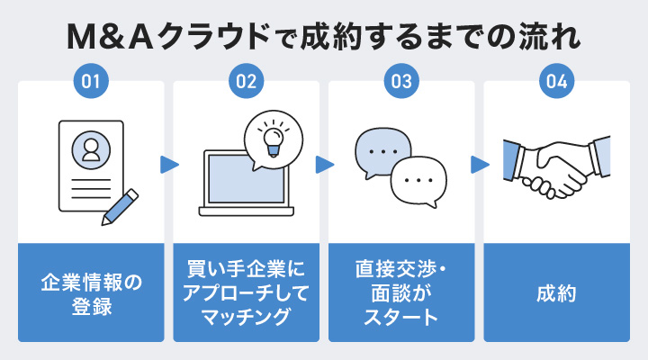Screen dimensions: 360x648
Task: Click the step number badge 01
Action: click(x=90, y=82)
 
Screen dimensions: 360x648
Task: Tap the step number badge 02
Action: click(x=246, y=82)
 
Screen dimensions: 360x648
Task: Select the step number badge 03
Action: click(x=401, y=82)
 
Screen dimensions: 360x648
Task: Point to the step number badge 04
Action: click(x=557, y=82)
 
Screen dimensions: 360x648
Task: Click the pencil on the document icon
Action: click(x=120, y=205)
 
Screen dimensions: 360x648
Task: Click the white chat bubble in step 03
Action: click(x=419, y=180)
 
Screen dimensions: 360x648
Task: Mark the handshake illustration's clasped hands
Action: click(x=558, y=168)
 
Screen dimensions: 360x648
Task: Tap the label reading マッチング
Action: click(x=246, y=316)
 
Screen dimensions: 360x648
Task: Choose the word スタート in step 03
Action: click(x=401, y=316)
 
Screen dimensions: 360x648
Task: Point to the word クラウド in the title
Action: click(x=202, y=39)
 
